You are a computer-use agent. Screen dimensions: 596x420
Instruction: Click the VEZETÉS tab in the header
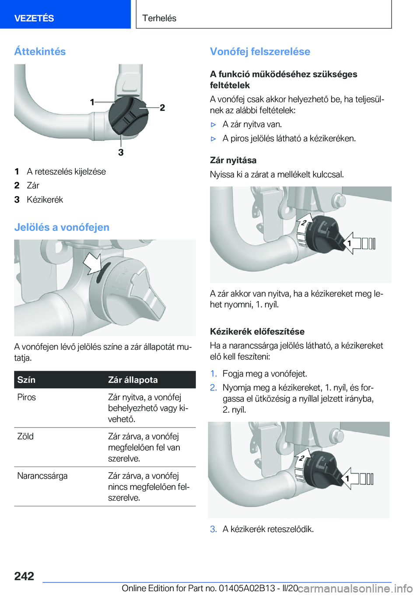(34, 18)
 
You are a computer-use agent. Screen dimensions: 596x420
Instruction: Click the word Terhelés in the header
(159, 18)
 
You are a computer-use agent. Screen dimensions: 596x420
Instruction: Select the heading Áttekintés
(40, 51)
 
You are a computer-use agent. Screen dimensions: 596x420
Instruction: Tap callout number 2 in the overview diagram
(162, 107)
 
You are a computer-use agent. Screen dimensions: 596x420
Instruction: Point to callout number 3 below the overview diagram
(121, 152)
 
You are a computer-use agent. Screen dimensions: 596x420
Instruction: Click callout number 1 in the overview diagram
(92, 102)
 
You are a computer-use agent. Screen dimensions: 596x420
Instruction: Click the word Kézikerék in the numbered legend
(45, 200)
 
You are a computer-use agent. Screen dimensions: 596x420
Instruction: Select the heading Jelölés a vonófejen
(62, 227)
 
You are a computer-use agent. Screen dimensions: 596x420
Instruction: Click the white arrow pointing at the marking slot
(92, 263)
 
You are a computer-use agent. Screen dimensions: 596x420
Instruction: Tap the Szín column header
(26, 380)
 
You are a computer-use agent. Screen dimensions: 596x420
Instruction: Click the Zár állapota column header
(133, 380)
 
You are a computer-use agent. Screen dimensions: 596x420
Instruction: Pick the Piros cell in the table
(27, 397)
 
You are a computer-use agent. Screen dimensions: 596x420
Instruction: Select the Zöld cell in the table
(25, 436)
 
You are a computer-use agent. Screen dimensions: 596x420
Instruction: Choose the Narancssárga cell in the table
(42, 476)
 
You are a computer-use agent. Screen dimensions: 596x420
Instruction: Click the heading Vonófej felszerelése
(260, 51)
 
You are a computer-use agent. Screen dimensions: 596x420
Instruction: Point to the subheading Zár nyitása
(233, 160)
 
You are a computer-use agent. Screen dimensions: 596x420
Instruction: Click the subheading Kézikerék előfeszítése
(257, 331)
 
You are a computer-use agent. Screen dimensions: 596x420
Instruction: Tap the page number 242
(24, 576)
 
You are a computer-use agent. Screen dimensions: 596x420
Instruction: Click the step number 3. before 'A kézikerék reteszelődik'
(213, 529)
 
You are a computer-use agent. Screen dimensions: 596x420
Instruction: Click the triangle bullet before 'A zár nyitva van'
(213, 125)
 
